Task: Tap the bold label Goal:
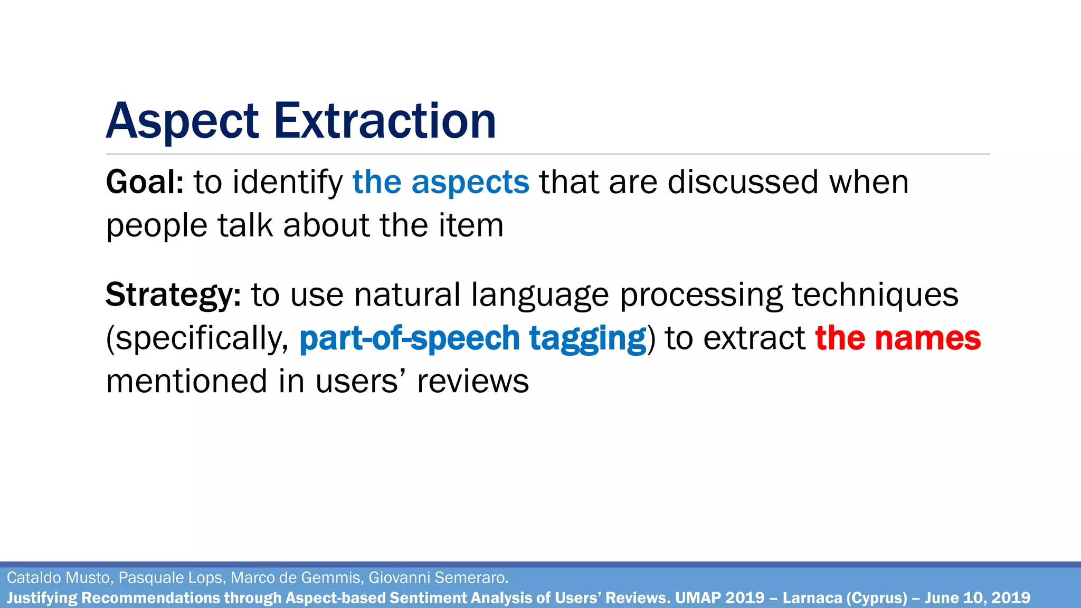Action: [x=145, y=183]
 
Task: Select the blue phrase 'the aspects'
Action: [x=441, y=183]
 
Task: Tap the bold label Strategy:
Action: [x=173, y=295]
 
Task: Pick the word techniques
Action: [x=875, y=295]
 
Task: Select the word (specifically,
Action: [x=197, y=338]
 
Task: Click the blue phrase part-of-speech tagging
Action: [x=472, y=338]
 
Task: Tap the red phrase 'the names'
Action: [x=898, y=338]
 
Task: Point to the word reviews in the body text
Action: [x=473, y=382]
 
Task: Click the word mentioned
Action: [x=186, y=382]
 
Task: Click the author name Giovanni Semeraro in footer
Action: [x=438, y=578]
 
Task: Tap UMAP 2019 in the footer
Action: [x=719, y=598]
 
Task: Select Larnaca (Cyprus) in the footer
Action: [x=845, y=598]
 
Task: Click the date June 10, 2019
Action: [x=977, y=598]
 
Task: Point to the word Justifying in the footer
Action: [x=42, y=598]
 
